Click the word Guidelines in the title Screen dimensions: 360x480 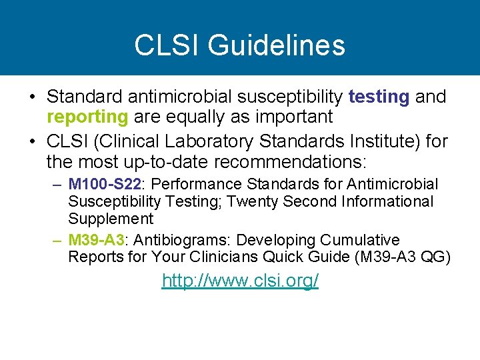pos(277,45)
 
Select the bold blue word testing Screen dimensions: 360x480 pos(379,97)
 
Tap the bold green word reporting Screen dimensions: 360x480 pos(87,117)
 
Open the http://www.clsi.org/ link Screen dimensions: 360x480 pos(240,281)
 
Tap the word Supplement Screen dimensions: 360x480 pos(111,219)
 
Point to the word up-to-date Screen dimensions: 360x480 pos(169,161)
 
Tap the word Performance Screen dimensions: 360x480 pos(193,184)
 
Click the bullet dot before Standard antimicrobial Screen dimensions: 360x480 pos(32,97)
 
